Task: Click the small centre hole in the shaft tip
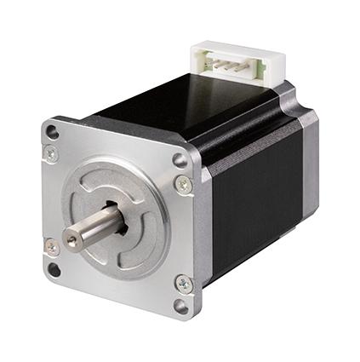[x=71, y=241]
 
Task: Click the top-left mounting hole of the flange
[x=53, y=132]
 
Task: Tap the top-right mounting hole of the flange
[x=180, y=159]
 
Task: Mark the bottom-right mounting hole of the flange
[x=181, y=305]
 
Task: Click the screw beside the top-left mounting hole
[x=51, y=152]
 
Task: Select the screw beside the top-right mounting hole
[x=184, y=183]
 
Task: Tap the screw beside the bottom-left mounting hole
[x=51, y=247]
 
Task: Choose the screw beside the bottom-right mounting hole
[x=184, y=283]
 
